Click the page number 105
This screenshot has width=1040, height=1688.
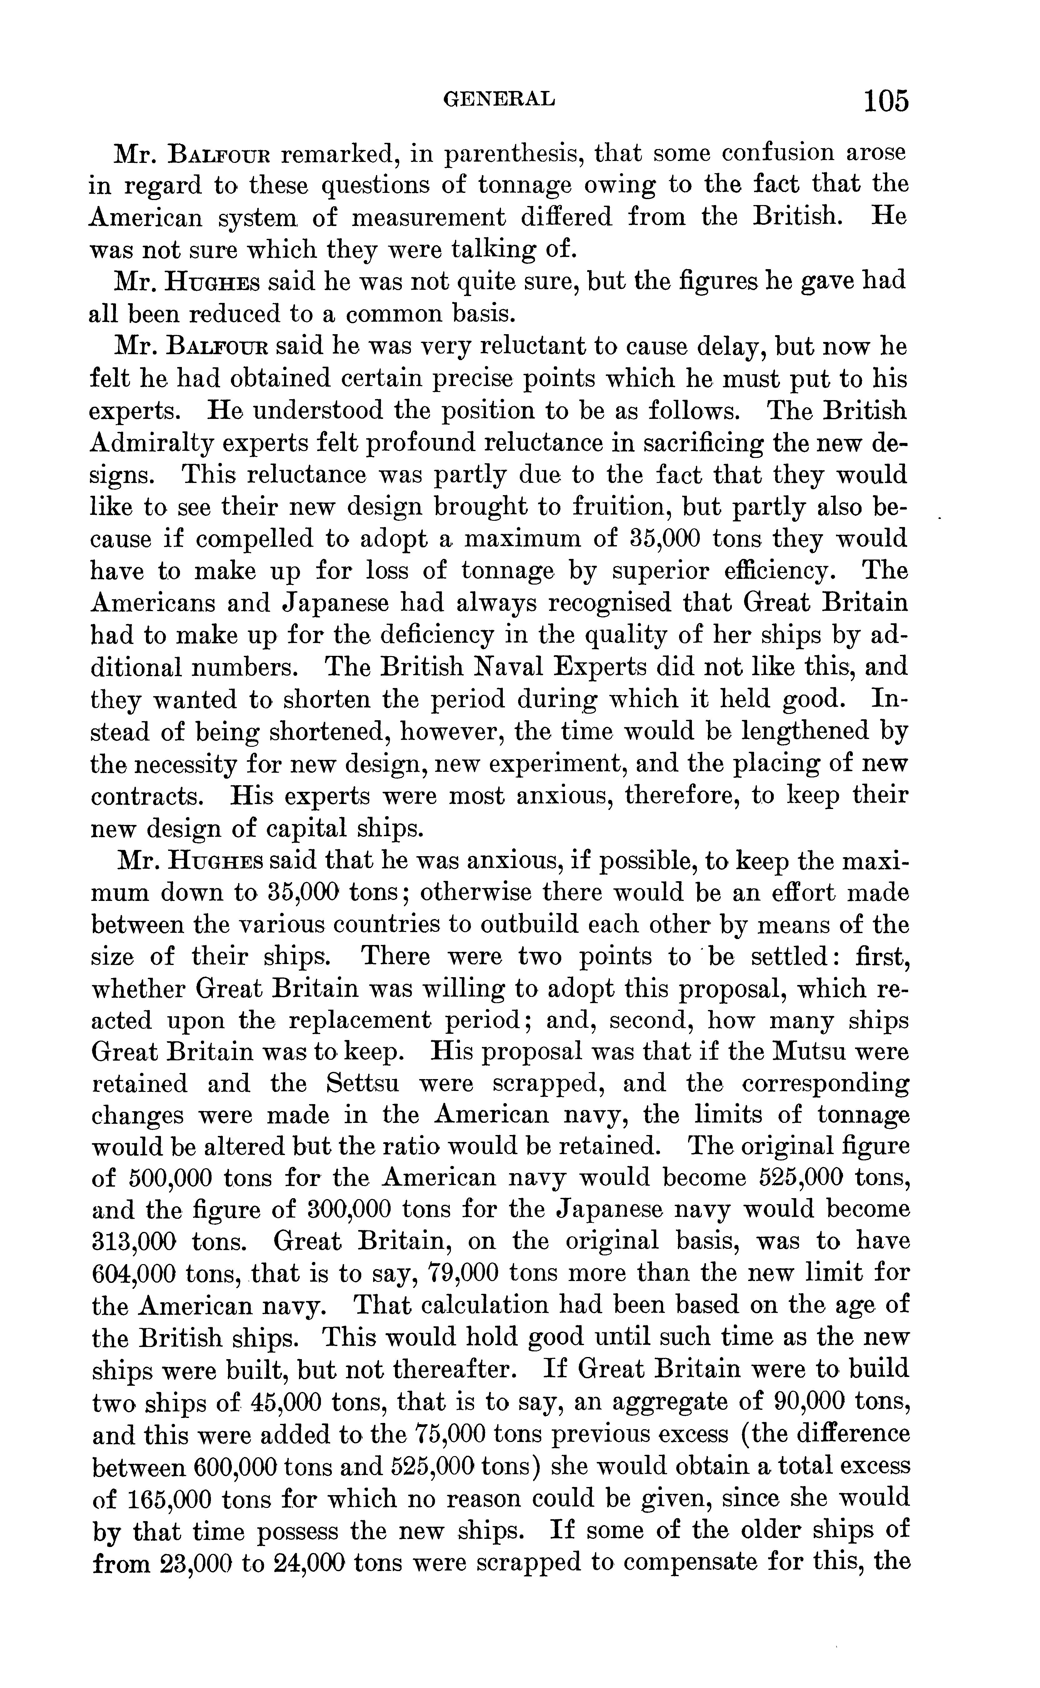[886, 101]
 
